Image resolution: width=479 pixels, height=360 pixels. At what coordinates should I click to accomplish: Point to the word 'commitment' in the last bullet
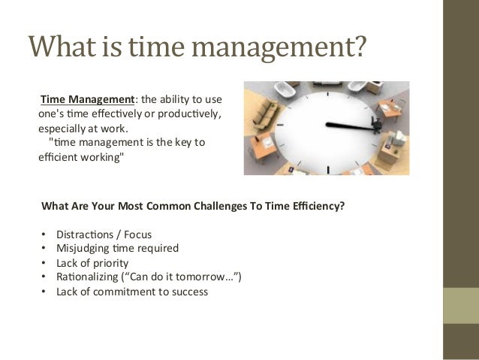tap(123, 292)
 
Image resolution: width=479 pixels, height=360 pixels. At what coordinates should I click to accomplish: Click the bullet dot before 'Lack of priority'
tap(44, 263)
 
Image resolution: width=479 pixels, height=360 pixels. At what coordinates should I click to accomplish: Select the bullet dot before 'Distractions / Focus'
tap(44, 234)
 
